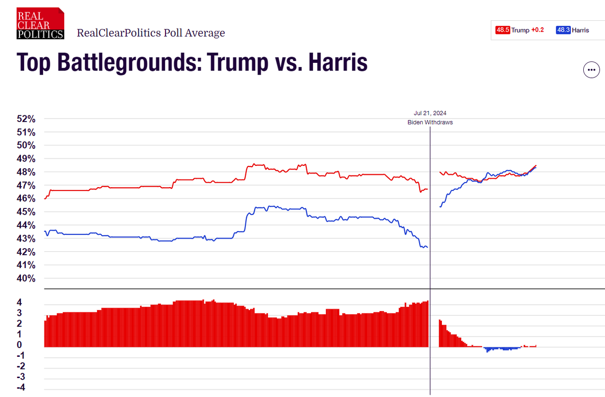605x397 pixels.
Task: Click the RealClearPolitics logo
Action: coord(40,23)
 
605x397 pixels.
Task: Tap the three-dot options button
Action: coord(591,70)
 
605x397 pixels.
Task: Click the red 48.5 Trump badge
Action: coord(502,30)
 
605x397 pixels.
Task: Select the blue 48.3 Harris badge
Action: coord(563,30)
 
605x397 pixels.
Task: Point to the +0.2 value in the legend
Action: coord(537,30)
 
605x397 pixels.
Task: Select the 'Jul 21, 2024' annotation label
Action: coord(430,113)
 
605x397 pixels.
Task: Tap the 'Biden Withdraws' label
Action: coord(430,122)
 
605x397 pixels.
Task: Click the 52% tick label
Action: coord(26,119)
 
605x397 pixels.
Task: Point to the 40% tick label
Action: coord(26,278)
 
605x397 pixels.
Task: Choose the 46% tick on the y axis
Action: coord(26,198)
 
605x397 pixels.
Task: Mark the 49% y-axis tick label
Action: coord(26,158)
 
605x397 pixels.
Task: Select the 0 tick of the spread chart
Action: coord(19,345)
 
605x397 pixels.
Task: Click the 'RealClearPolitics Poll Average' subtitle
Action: coord(151,33)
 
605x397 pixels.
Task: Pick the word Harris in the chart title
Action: coord(337,62)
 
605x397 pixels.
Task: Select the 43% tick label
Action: coord(26,238)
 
